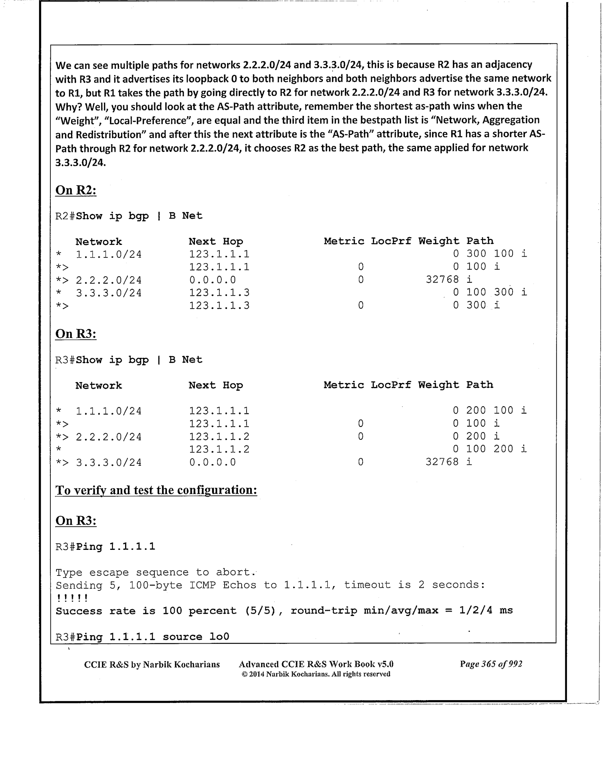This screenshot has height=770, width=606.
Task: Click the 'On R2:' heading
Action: coord(76,190)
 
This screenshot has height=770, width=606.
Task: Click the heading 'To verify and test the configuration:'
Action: coord(156,490)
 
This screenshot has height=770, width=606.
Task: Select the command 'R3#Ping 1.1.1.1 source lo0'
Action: coord(142,636)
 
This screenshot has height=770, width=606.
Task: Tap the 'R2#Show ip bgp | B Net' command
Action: coord(129,216)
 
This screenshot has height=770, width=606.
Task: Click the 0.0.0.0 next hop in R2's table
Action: coord(212,280)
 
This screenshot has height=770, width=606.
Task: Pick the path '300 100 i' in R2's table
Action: coord(496,254)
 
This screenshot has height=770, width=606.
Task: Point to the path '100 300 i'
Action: coord(496,292)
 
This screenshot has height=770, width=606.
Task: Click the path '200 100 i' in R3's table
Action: coord(496,411)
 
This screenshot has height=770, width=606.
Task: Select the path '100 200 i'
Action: coord(496,449)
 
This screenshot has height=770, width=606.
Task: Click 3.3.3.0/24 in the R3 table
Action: coord(109,463)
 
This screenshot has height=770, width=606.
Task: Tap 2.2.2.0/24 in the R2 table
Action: coord(109,280)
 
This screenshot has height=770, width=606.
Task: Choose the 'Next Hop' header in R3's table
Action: coord(216,385)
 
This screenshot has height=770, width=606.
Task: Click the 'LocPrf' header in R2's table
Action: coord(391,241)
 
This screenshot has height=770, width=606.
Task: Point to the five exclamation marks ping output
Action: coord(72,598)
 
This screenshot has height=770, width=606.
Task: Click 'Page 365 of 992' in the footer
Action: coord(491,664)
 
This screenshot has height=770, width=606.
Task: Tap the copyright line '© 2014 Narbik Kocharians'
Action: coord(316,674)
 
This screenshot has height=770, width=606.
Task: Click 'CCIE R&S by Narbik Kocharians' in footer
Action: coord(152,664)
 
